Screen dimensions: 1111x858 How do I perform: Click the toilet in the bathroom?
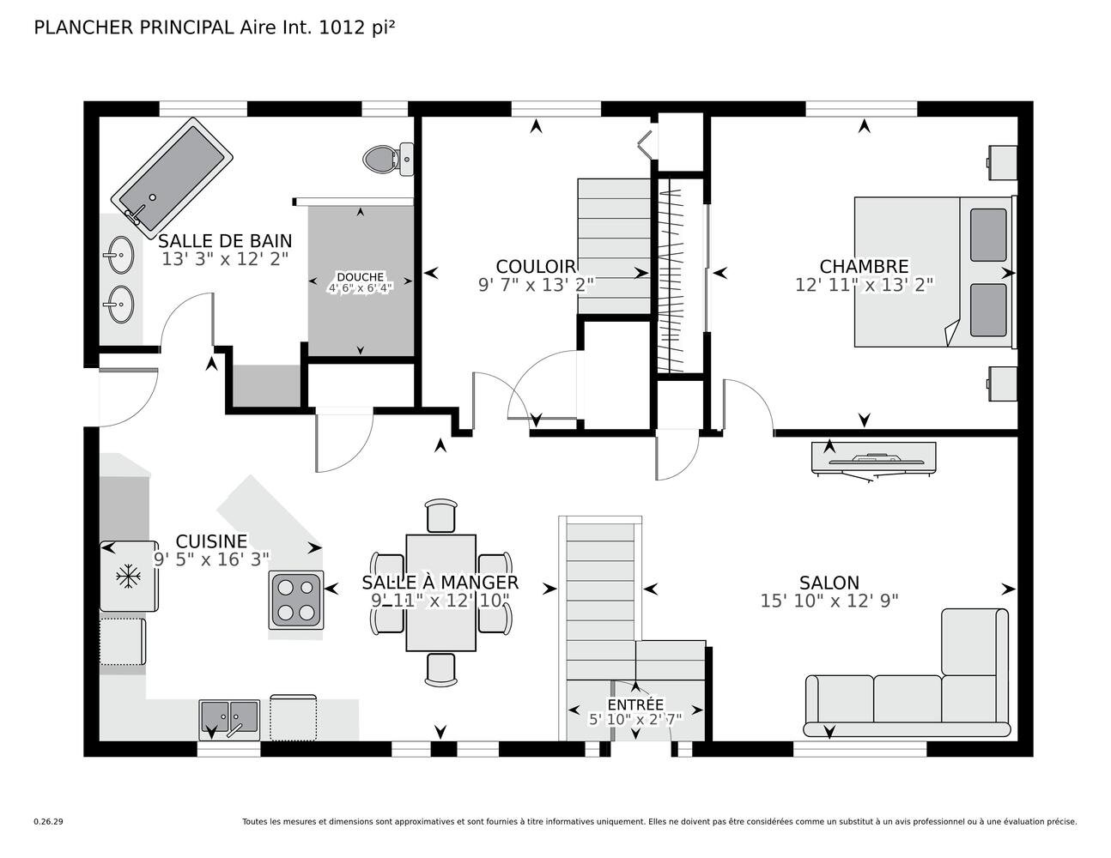388,160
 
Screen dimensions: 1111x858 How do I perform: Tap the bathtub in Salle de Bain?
172,178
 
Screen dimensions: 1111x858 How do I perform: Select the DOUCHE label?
360,277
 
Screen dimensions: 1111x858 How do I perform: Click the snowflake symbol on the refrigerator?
128,577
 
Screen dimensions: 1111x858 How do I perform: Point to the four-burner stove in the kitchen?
296,600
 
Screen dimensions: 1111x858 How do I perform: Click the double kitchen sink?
229,720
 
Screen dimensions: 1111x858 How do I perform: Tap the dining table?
440,592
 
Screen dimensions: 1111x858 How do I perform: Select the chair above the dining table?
440,516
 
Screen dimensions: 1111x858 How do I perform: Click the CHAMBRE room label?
864,267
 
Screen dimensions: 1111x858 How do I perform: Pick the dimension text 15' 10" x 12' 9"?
829,601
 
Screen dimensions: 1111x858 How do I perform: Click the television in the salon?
874,461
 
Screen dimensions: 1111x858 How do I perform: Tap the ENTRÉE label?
635,704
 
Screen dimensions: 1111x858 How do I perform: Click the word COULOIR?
536,267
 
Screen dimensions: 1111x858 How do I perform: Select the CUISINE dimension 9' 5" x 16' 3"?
211,559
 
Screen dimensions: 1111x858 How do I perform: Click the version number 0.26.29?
49,822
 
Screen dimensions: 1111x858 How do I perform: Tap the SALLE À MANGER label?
440,583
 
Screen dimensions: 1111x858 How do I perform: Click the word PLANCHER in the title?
84,27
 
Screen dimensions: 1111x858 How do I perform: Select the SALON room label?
829,583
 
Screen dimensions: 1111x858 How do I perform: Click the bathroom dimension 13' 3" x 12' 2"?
225,259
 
